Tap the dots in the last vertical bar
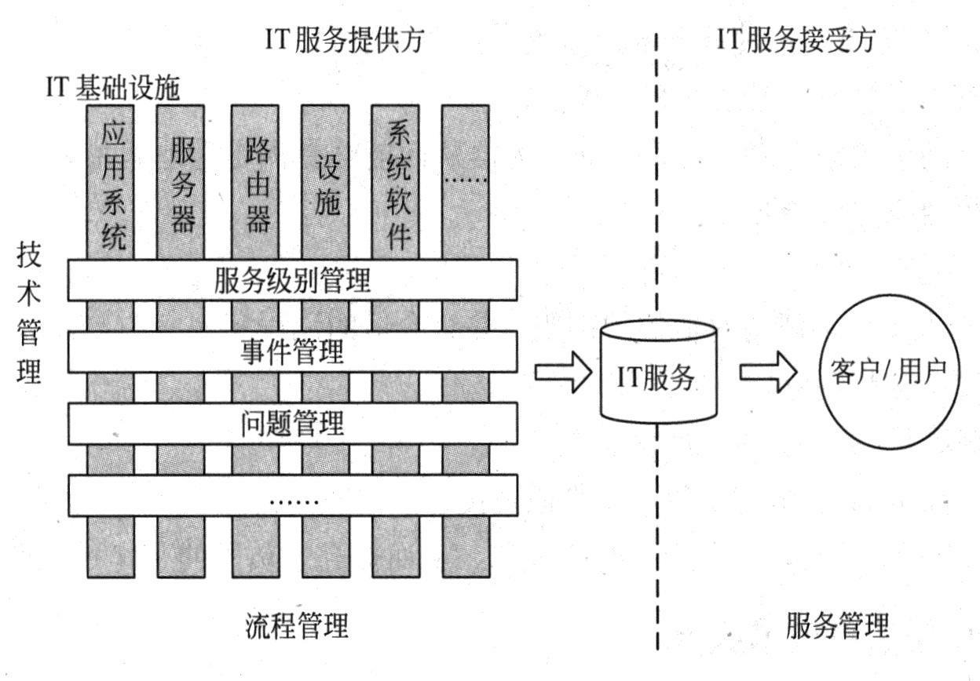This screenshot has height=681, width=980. (x=466, y=180)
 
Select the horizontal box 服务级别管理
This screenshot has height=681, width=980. (x=292, y=280)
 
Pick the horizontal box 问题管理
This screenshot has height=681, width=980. (x=292, y=423)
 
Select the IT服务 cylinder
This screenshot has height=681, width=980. (x=658, y=373)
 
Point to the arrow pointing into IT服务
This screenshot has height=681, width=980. (x=562, y=372)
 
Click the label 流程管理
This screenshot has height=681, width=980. (x=292, y=626)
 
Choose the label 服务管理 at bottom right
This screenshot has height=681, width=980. (x=837, y=626)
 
